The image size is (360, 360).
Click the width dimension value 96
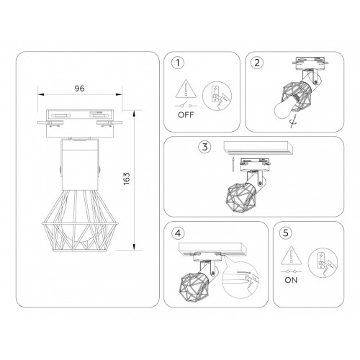[x=79, y=89]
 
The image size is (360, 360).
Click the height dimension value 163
[x=127, y=179]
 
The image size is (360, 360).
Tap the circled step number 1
[x=178, y=63]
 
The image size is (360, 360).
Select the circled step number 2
[x=257, y=63]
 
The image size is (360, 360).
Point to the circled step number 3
[x=204, y=147]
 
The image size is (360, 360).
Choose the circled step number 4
[x=178, y=233]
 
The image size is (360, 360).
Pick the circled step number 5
[x=286, y=233]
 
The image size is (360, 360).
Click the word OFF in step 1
[x=186, y=115]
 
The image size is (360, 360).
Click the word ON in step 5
[x=291, y=280]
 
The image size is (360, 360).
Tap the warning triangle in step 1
[x=186, y=89]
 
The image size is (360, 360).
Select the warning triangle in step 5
[x=291, y=255]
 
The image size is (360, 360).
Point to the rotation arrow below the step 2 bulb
[x=293, y=122]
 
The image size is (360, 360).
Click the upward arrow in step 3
[x=233, y=164]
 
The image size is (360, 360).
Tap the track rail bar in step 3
[x=258, y=148]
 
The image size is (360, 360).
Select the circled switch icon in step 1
[x=217, y=96]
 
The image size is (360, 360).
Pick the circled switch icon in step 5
[x=323, y=263]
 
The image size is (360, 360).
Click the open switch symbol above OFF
[x=186, y=105]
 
